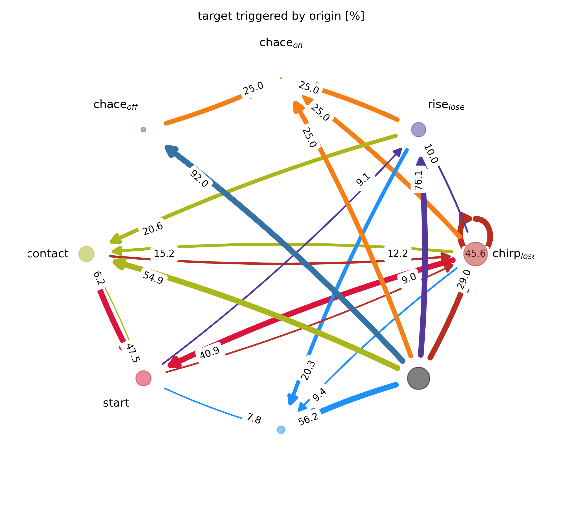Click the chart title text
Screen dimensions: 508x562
coord(281,16)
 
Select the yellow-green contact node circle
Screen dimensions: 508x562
coord(86,254)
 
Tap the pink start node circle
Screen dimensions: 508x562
coord(143,378)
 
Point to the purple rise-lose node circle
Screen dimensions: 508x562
coord(418,129)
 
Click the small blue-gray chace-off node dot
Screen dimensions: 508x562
coord(143,129)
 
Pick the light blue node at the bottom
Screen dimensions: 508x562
coord(281,430)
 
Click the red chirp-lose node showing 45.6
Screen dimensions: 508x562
coord(475,254)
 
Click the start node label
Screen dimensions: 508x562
coord(116,403)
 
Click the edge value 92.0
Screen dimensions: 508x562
coord(199,179)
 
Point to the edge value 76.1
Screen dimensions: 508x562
coord(419,180)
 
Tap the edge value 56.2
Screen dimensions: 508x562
coord(308,419)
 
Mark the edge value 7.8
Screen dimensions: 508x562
coord(254,419)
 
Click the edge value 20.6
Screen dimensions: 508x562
coord(153,229)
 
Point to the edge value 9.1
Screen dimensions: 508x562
coord(363,180)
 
